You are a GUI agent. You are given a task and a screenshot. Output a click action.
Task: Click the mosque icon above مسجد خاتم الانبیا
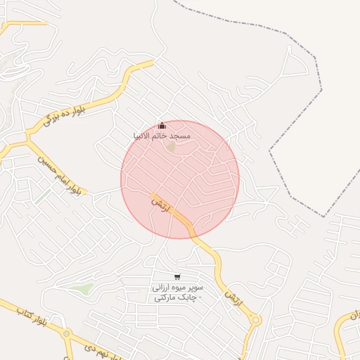(162, 125)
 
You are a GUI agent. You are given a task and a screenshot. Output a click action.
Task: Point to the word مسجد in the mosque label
(179, 135)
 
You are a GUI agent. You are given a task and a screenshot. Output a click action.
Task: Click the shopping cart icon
(176, 277)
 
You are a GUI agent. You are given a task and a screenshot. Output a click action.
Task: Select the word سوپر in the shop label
(195, 288)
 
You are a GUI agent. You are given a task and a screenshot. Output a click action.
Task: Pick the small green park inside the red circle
(171, 148)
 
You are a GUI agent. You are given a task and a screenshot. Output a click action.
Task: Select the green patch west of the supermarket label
(84, 288)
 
